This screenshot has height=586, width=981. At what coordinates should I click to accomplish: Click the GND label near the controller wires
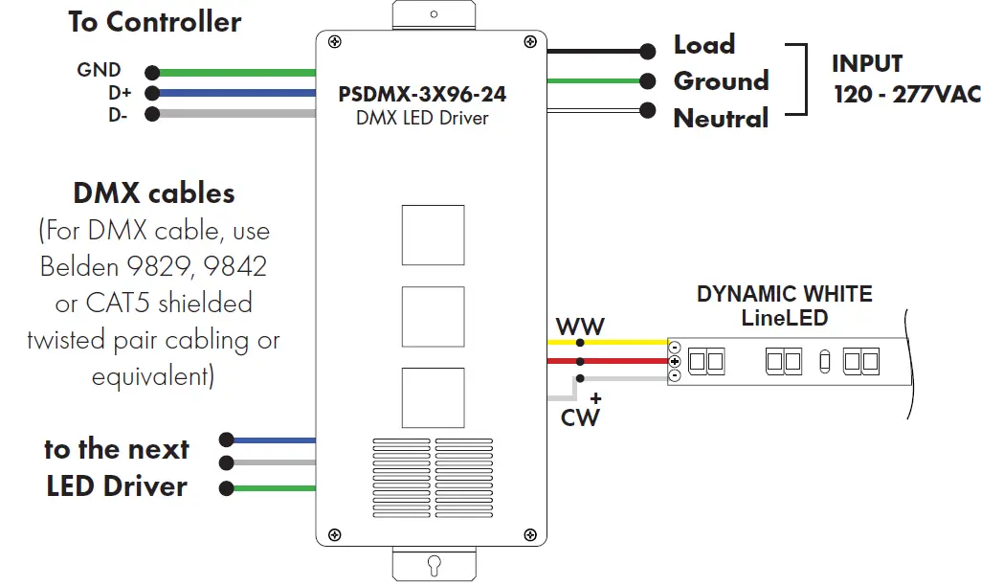(x=99, y=70)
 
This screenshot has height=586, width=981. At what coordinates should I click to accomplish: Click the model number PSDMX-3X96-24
(x=422, y=95)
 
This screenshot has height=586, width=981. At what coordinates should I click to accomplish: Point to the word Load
(x=704, y=45)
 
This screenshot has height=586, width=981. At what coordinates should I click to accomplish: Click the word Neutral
(x=721, y=119)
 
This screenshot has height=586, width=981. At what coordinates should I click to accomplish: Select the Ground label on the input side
(x=721, y=81)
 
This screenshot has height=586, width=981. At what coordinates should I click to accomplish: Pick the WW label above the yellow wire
(x=580, y=327)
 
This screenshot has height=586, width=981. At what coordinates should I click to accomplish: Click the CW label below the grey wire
(x=580, y=417)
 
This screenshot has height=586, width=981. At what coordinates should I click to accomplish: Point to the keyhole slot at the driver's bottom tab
(x=434, y=563)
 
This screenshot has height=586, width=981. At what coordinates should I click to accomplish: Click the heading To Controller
(x=154, y=22)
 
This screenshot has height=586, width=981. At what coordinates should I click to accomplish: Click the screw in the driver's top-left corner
(x=334, y=41)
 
